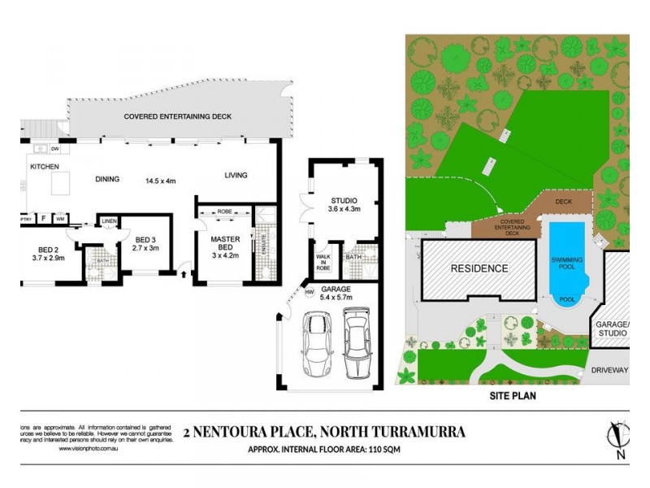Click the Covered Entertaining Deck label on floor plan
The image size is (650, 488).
click(177, 117)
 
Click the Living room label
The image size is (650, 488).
click(236, 175)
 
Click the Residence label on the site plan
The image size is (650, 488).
click(479, 268)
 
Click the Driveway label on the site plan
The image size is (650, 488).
click(609, 370)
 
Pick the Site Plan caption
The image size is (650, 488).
click(517, 396)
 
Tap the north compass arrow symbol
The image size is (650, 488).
click(618, 439)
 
